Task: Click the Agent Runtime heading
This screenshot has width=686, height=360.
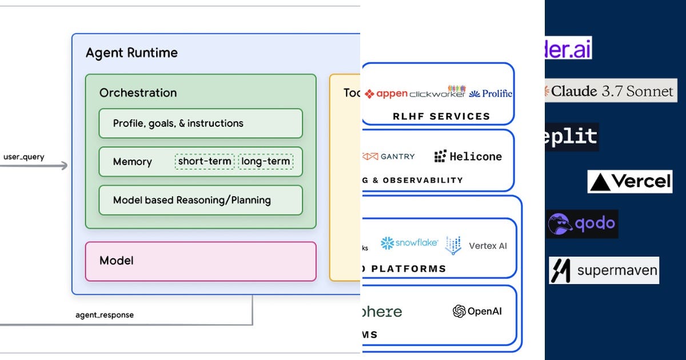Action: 131,53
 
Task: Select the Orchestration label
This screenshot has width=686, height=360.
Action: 138,93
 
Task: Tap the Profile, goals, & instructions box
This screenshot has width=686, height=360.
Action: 200,123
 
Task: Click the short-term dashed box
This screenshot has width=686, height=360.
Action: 205,162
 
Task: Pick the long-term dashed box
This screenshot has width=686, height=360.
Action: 265,162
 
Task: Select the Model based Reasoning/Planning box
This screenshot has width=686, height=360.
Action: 200,200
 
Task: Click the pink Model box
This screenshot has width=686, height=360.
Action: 200,261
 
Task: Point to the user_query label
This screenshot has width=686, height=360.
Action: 23,157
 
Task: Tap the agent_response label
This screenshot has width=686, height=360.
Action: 105,315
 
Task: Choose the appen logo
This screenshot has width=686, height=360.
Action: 386,94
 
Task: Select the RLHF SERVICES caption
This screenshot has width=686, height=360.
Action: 441,117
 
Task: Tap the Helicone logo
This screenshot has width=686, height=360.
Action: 468,156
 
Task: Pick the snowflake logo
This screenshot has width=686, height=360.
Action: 409,243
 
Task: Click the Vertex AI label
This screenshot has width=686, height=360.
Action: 488,246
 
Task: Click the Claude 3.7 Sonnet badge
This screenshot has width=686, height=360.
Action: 610,91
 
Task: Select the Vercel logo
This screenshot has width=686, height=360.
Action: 630,182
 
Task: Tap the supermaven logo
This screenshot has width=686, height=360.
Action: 604,270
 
